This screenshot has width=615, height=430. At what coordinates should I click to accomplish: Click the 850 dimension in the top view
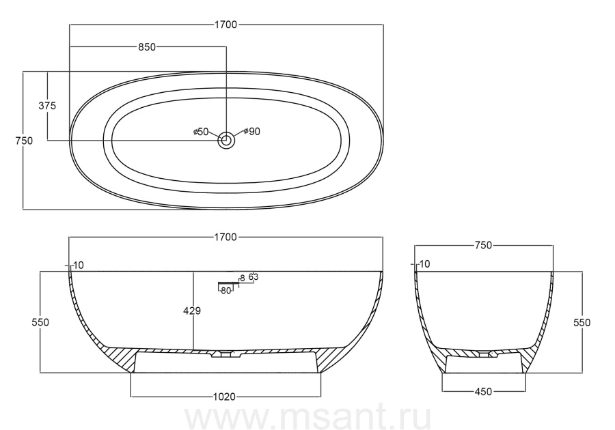(147, 47)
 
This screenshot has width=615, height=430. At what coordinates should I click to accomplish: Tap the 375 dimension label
(47, 106)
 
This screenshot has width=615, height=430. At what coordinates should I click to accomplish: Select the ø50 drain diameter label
(201, 132)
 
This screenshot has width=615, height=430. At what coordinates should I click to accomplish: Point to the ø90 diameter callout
(251, 132)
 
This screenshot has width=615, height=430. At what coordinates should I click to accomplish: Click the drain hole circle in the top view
(226, 140)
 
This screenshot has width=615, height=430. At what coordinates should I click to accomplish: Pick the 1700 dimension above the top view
(226, 25)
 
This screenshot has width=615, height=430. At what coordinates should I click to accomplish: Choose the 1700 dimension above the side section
(225, 238)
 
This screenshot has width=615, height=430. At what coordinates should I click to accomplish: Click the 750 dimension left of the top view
(24, 141)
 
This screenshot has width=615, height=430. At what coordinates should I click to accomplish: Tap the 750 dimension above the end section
(483, 245)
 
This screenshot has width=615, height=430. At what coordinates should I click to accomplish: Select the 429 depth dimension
(192, 311)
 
